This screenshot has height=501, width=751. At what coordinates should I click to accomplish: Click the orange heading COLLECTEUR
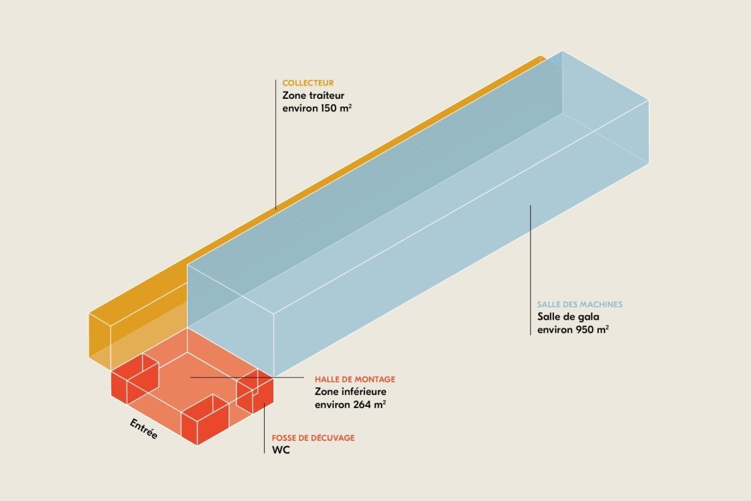(308, 83)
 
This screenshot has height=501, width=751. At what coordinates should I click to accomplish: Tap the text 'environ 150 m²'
(316, 108)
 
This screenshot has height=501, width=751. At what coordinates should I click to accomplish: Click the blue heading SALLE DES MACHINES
(580, 305)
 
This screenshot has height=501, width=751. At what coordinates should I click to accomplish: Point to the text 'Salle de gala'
(568, 316)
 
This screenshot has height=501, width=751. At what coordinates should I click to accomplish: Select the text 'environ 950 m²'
(572, 329)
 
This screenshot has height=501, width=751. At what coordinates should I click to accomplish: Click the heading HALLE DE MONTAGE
(354, 379)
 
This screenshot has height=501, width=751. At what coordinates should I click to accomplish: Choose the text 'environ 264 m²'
(350, 405)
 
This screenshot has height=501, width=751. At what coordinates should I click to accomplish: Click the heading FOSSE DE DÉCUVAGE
(313, 438)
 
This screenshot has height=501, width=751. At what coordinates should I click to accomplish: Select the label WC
(281, 450)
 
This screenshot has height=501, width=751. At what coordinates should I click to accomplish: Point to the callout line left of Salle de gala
(530, 270)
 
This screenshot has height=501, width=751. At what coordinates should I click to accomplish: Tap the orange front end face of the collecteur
(99, 336)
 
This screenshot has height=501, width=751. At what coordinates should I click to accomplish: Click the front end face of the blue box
(231, 316)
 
